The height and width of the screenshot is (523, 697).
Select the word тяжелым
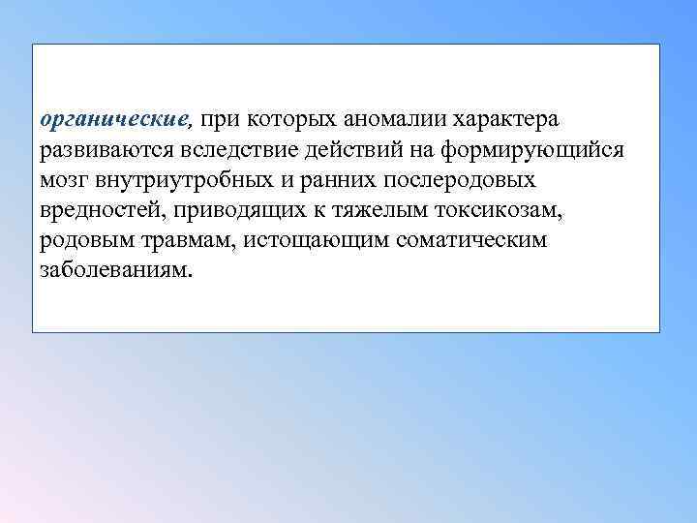point(364,210)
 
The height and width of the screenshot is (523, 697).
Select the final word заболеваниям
point(116,270)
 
